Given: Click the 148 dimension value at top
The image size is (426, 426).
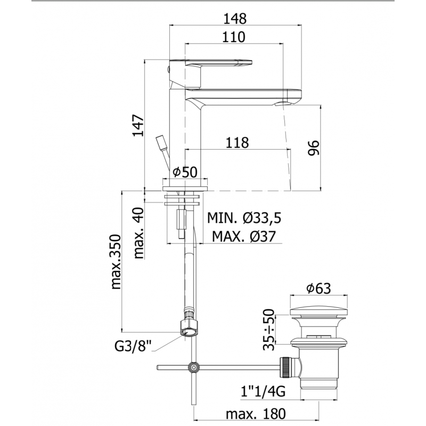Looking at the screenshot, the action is (x=235, y=19).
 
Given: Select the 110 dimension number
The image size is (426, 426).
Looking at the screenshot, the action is (x=233, y=37).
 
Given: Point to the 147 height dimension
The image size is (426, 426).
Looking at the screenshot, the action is (x=138, y=126).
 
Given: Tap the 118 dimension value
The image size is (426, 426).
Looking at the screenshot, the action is (x=237, y=143).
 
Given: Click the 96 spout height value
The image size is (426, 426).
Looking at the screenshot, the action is (x=313, y=148).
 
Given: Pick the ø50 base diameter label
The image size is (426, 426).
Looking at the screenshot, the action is (x=185, y=171).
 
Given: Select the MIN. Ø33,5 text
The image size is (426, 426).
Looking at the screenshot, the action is (x=244, y=218).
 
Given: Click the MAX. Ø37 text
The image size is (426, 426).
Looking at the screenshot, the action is (x=244, y=236).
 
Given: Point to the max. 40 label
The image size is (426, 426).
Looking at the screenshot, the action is (x=138, y=233).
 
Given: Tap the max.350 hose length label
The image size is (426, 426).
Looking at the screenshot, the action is (x=116, y=261).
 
